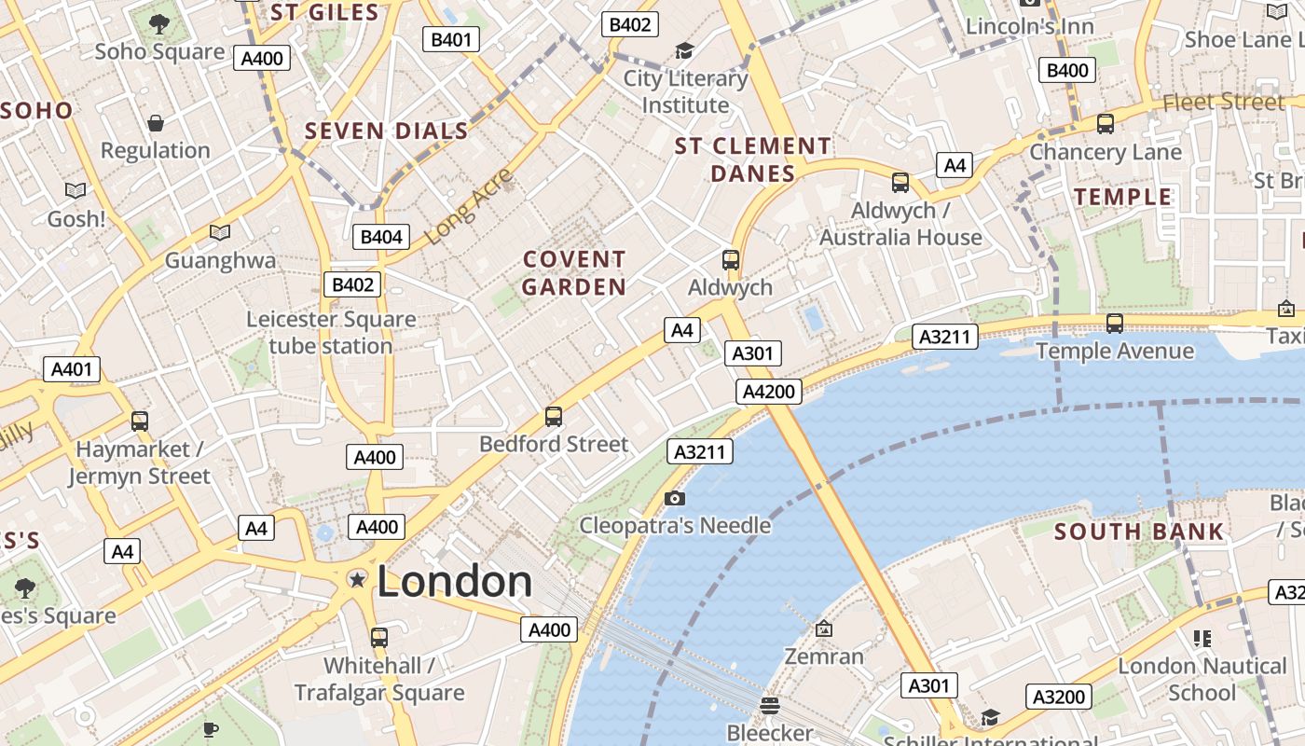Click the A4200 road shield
[x=770, y=392]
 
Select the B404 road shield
[x=380, y=237]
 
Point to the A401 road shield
[x=72, y=369]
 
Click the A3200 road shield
[x=1059, y=697]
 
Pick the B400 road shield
[x=1067, y=70]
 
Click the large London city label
[x=455, y=581]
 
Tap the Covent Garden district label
[x=574, y=272]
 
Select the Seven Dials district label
[x=387, y=131]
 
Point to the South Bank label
[x=1139, y=532]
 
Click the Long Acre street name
[x=469, y=207]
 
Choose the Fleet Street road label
[x=1224, y=102]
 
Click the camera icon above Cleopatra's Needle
[x=675, y=499]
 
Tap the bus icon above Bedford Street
[x=554, y=417]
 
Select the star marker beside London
[x=356, y=580]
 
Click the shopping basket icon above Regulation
[x=156, y=123]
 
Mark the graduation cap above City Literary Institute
[x=685, y=51]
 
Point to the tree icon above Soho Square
[x=159, y=23]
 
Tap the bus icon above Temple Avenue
[x=1114, y=324]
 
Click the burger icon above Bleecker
[x=769, y=706]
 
